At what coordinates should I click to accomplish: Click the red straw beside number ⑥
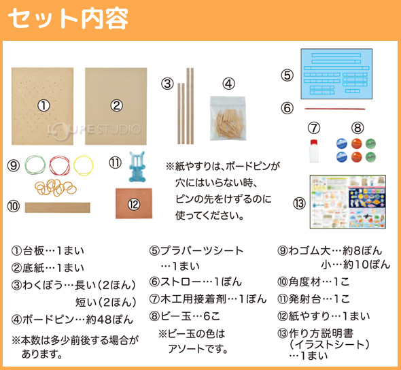[334, 109]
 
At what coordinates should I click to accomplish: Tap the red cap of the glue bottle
[314, 142]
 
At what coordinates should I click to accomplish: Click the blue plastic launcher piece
[137, 167]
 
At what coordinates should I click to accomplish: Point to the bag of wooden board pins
[228, 118]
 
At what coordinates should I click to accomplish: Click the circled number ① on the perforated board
[43, 105]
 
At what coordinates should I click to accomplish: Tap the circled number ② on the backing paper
[117, 105]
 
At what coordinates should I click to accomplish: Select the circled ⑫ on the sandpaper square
[134, 204]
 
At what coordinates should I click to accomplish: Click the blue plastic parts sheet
[336, 73]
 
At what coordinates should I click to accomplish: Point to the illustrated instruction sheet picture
[348, 201]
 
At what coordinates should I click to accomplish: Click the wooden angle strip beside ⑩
[58, 207]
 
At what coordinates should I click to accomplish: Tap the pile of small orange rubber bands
[56, 188]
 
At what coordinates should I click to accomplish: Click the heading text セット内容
[68, 18]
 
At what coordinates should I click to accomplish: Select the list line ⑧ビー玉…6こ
[185, 316]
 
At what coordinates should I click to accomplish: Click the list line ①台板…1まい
[48, 251]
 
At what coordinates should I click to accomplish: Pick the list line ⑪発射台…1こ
[313, 299]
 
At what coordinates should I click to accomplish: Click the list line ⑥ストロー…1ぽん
[196, 282]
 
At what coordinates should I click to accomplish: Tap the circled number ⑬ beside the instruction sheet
[300, 203]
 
